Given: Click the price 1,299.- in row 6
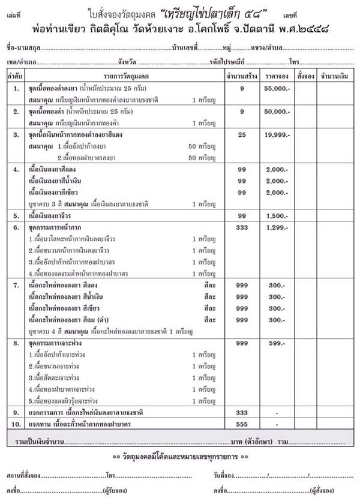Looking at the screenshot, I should pos(276,227).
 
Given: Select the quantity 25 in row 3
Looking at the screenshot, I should pos(242,136).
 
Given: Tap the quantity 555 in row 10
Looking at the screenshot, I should pos(242,424).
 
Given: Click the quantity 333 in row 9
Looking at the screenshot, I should pos(242,413).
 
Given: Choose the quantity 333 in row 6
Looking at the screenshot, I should pos(242,227).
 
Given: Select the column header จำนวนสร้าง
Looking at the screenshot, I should pos(242,76).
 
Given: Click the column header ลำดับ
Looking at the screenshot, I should pos(16,76).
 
